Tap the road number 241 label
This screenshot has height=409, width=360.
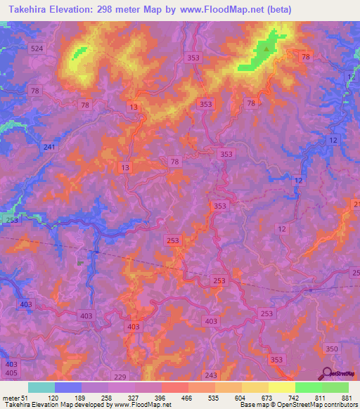[49, 147]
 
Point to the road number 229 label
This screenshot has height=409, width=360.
[120, 377]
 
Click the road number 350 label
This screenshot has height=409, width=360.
[333, 348]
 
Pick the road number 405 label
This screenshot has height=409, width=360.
[11, 373]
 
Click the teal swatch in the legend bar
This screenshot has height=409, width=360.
[41, 387]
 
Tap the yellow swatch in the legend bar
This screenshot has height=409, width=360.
[281, 387]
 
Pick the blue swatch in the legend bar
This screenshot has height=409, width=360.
[67, 387]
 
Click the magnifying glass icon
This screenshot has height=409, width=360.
[327, 373]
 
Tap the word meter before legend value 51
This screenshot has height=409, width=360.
[13, 398]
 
